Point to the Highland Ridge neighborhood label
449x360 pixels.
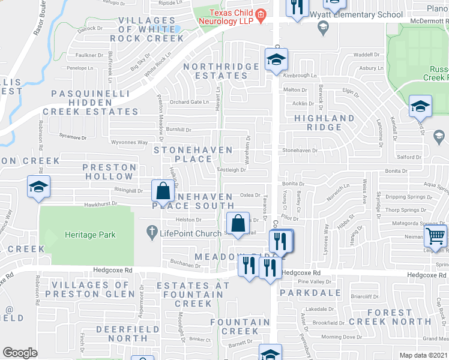pos(324,122)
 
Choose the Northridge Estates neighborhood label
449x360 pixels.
pos(215,71)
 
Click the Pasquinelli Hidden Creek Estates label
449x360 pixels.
pos(95,102)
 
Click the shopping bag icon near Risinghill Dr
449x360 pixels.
pos(163,191)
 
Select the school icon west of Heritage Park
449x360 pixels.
pos(38,188)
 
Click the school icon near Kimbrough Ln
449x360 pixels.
pos(276,59)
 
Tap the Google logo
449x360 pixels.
pos(20,353)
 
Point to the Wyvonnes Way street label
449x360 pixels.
pos(130,143)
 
